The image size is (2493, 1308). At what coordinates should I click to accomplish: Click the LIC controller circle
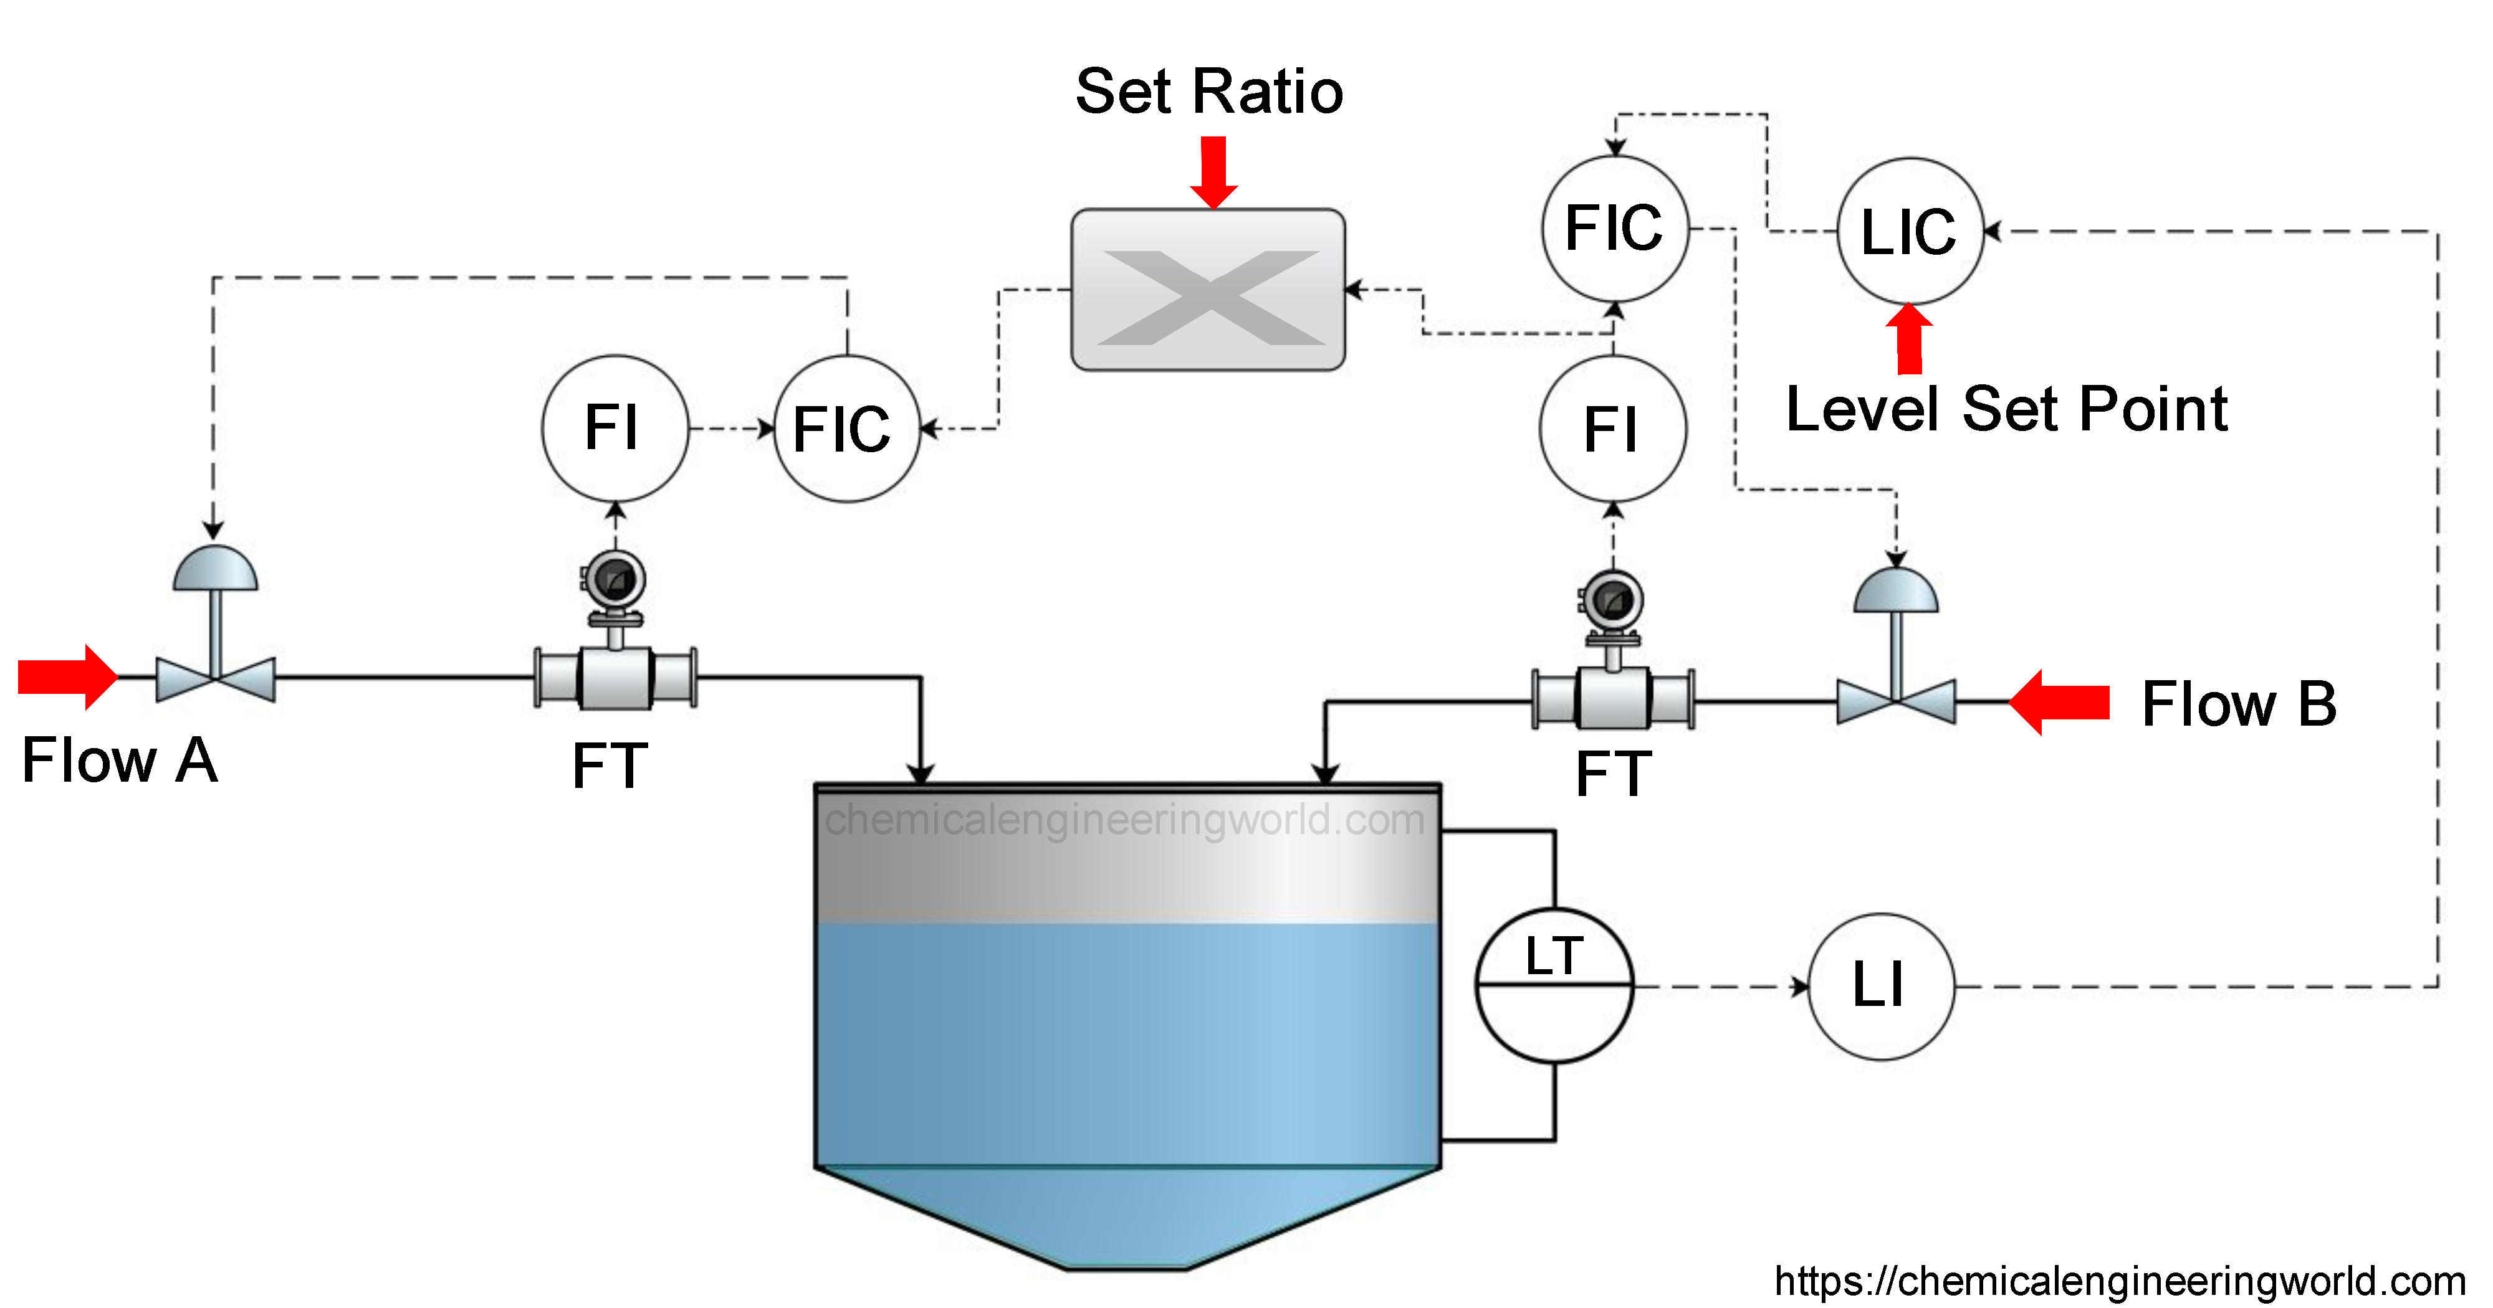(x=1910, y=231)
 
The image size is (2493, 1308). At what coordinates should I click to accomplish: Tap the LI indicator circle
(x=1880, y=986)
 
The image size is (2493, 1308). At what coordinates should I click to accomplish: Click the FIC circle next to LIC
(x=1614, y=229)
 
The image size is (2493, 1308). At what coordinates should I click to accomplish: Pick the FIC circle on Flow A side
(x=847, y=429)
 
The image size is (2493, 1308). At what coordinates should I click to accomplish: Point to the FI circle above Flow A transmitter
(x=615, y=428)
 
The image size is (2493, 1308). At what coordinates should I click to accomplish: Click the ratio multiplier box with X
(x=1208, y=289)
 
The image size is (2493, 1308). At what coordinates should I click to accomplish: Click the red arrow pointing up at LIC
(x=1910, y=339)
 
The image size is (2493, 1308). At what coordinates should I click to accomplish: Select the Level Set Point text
(x=2006, y=409)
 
